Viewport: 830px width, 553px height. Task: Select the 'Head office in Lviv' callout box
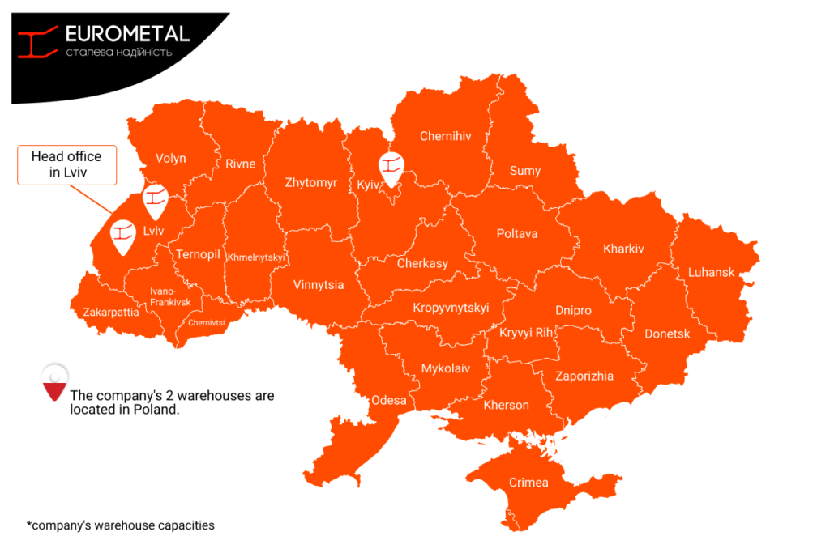click(x=67, y=165)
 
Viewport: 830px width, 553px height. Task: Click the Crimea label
click(x=528, y=483)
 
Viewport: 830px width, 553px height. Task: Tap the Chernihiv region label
click(x=445, y=136)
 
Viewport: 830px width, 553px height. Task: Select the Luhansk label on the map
click(x=711, y=272)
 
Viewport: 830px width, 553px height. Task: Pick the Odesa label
click(x=389, y=400)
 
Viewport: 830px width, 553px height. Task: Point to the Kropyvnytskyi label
click(x=451, y=308)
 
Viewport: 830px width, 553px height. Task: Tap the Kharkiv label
click(x=623, y=249)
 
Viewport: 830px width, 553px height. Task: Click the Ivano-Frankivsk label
click(x=170, y=296)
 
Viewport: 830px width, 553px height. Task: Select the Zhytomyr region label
click(x=310, y=183)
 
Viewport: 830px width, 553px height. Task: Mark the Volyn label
click(x=171, y=159)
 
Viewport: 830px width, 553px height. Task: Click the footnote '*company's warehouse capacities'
click(x=121, y=525)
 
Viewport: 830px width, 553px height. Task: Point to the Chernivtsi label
click(x=207, y=322)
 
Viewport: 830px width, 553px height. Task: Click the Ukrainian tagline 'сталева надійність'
click(x=118, y=53)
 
